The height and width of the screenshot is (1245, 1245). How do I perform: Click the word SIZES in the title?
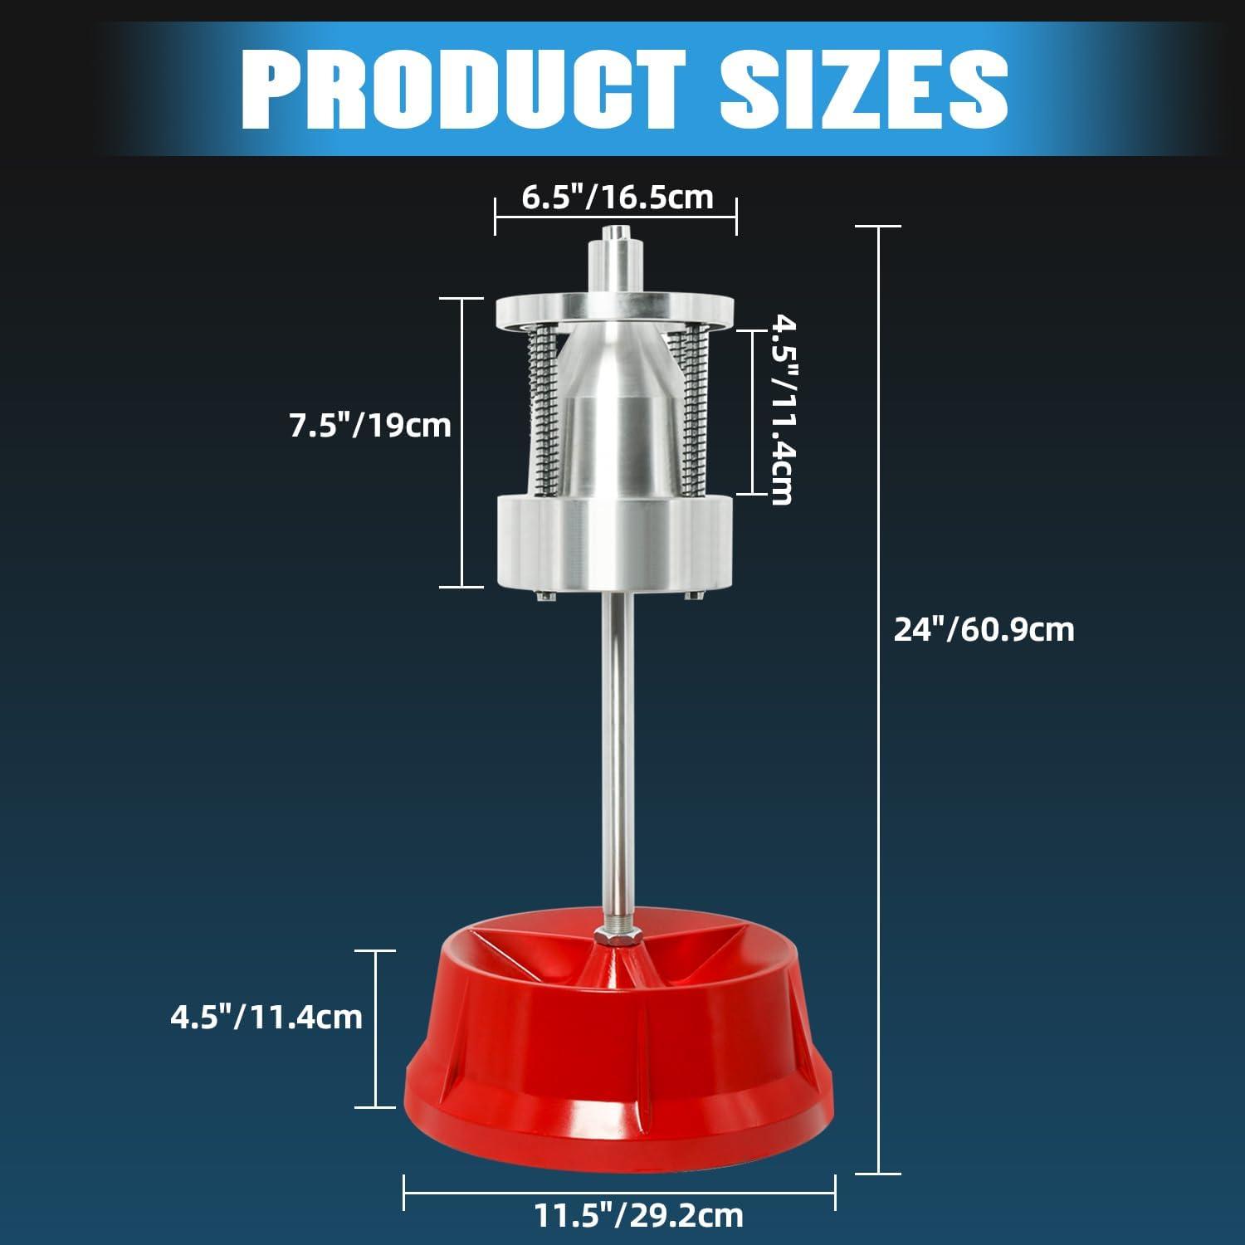tap(863, 89)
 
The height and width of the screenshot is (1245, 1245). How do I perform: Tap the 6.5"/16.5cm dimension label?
tap(617, 198)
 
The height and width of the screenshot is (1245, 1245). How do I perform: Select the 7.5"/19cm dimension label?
tap(369, 426)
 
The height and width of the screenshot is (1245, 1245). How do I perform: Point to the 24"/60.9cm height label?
tap(984, 629)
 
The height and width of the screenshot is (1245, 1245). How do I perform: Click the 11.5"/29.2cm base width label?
tap(638, 1216)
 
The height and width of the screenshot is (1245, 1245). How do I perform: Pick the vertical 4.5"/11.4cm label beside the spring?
tap(781, 408)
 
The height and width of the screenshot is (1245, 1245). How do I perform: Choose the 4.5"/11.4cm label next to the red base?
tap(266, 1017)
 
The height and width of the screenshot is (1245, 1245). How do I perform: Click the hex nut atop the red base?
tap(615, 935)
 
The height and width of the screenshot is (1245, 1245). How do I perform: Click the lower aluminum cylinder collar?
tap(615, 542)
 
